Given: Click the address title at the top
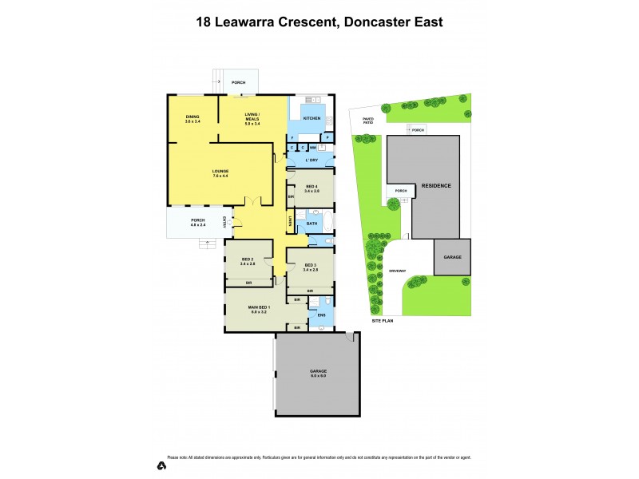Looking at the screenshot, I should click(x=319, y=22).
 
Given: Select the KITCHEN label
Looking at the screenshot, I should click(x=312, y=118).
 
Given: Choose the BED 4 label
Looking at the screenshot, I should click(x=312, y=188).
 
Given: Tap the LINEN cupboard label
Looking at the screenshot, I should click(x=290, y=221).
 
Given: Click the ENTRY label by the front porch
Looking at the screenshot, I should click(x=225, y=222).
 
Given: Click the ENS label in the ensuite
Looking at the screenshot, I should click(x=321, y=315).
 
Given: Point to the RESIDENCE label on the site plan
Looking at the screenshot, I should click(x=435, y=185).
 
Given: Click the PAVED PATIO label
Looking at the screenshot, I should click(x=367, y=121).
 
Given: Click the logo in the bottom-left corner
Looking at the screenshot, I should click(x=162, y=465).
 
